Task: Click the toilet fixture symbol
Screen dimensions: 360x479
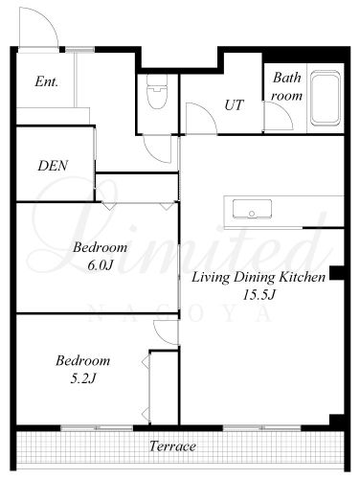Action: click(157, 91)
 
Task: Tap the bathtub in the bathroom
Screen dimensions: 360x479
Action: click(326, 98)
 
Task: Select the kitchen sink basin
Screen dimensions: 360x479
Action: click(252, 209)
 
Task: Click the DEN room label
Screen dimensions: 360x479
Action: click(53, 166)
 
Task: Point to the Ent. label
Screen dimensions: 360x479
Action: click(47, 81)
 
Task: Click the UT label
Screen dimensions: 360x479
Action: click(235, 105)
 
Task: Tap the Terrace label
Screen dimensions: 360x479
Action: click(172, 446)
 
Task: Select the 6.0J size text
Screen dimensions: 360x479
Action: click(101, 265)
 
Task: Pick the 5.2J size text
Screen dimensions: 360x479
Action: click(83, 378)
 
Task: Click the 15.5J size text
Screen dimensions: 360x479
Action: click(259, 294)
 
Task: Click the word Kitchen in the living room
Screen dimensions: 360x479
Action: click(303, 277)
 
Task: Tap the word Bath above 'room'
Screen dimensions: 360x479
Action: click(286, 78)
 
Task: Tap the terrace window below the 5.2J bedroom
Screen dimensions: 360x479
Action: click(97, 428)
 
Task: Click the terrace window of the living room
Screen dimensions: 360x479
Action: click(261, 428)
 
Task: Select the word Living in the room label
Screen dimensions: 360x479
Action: click(211, 277)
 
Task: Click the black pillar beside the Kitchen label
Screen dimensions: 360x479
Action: click(336, 273)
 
